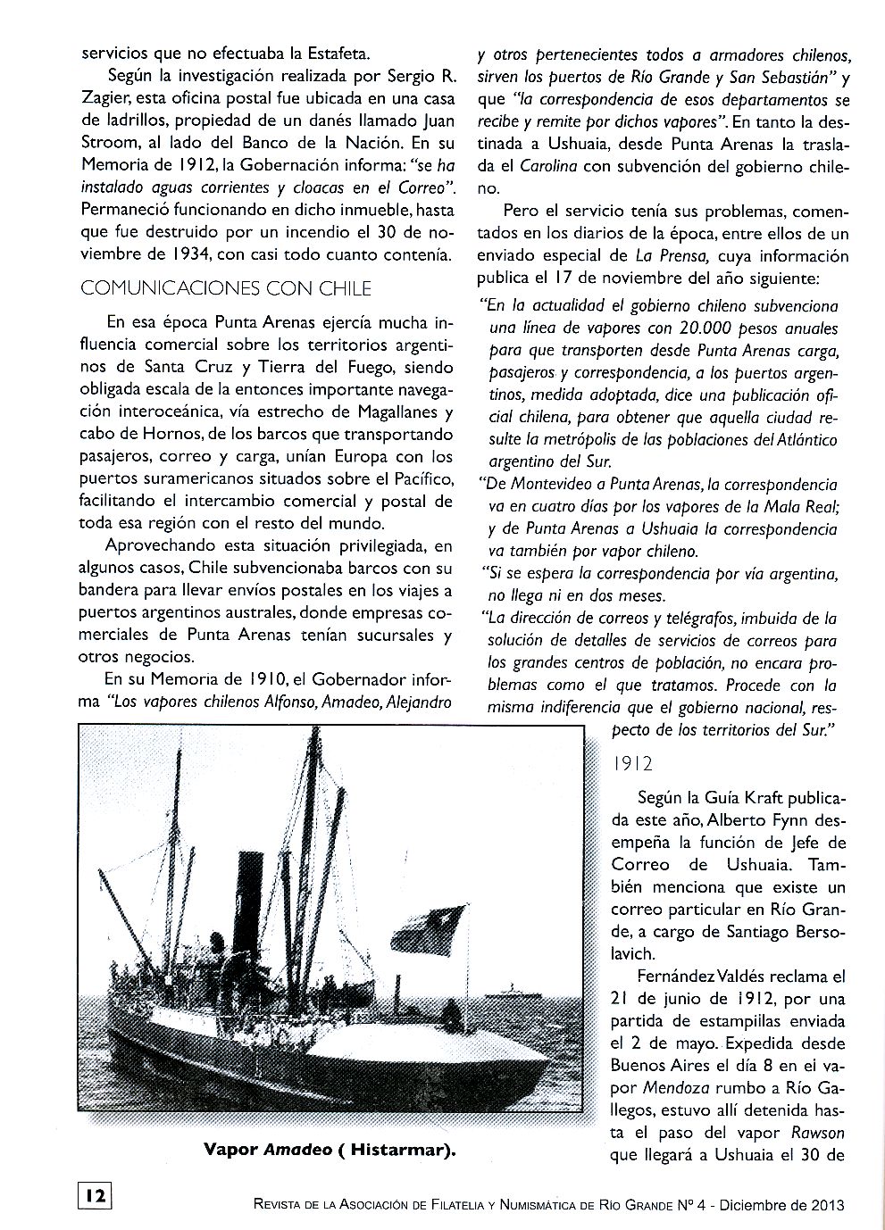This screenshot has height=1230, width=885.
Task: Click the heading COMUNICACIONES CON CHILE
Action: click(225, 288)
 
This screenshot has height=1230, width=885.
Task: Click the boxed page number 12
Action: click(96, 1195)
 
